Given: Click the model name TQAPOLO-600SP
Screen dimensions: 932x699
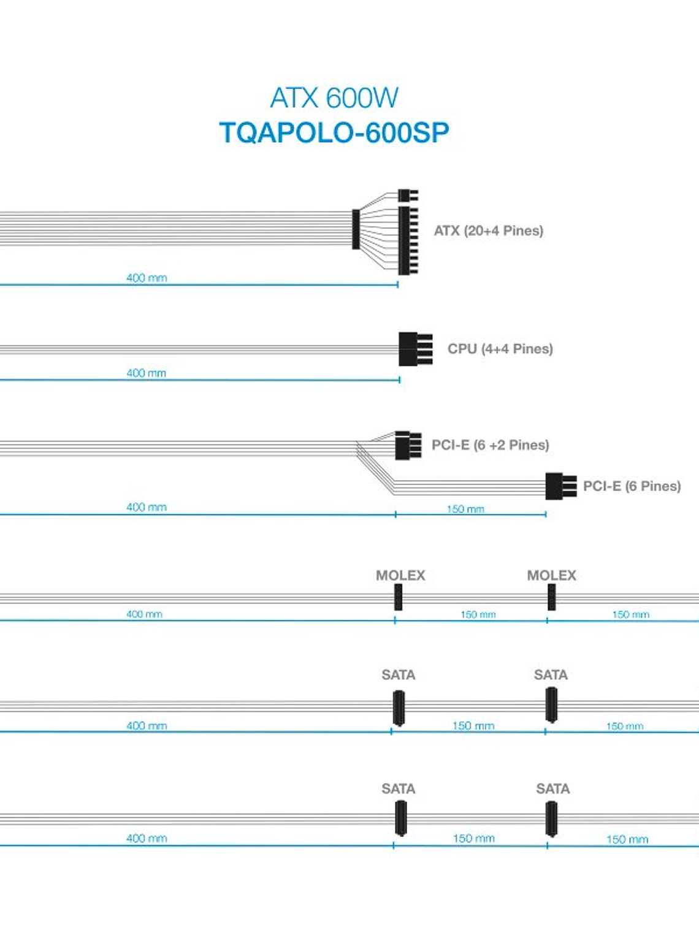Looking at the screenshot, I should coord(334,132).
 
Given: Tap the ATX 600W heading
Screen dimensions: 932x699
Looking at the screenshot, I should coord(334,97).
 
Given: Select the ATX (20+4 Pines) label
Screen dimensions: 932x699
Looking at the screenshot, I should coord(488,231).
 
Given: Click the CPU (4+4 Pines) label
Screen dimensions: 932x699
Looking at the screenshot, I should coord(500,349).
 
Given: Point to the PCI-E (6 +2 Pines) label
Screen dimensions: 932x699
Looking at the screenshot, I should coord(490,445).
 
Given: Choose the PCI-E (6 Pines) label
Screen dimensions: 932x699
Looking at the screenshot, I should coord(632,486).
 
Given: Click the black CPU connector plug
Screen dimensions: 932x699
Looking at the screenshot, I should coord(414,349).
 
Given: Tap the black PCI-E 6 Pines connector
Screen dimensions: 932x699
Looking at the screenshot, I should coord(559,486).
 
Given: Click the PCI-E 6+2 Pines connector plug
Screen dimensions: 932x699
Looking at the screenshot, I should coord(407,445).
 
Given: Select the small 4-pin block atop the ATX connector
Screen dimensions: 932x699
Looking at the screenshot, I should coord(407,196).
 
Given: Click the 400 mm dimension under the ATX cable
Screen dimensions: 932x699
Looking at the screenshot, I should coord(147,278).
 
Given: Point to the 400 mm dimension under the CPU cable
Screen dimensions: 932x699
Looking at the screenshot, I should coord(147,373).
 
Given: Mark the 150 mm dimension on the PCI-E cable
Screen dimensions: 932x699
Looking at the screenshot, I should coord(465,509).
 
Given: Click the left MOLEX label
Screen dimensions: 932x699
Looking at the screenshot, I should coord(400,575).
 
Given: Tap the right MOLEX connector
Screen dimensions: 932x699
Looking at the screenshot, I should coord(551,597).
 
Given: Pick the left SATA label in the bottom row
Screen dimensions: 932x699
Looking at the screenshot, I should coord(399,789).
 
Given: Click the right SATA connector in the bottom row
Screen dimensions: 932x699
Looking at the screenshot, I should coord(552,819).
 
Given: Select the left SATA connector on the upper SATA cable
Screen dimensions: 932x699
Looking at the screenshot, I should coord(399,708).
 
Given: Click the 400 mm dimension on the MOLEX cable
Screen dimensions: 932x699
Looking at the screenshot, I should coord(145,614).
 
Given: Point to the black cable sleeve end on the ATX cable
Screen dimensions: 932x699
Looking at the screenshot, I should coord(356,229).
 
